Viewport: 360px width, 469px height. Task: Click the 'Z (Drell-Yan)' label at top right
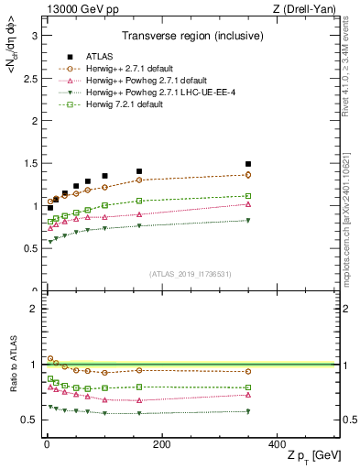tap(309, 9)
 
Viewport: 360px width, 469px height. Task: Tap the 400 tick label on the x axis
tap(277, 444)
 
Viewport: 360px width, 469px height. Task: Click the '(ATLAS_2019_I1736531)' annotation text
tap(189, 274)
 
